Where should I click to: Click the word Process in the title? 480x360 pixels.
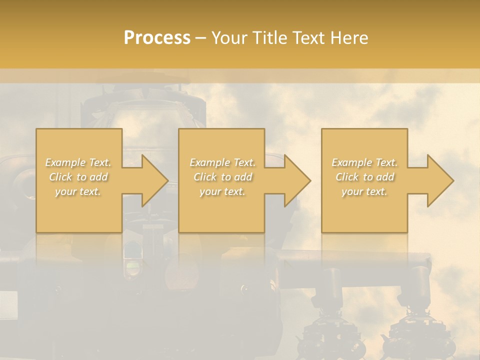coord(157,38)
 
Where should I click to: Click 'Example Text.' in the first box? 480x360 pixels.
coord(78,162)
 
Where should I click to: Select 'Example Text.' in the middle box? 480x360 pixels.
coord(222,162)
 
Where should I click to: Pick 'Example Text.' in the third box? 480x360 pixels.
coord(364,162)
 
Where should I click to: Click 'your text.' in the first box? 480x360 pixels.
coord(78,191)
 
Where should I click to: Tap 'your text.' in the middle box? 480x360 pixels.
coord(222,191)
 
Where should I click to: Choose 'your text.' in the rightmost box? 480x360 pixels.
coord(364,191)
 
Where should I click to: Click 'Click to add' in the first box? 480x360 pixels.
coord(78,177)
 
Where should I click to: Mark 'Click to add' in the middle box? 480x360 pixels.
coord(222,177)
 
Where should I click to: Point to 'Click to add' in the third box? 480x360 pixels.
coord(364,177)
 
